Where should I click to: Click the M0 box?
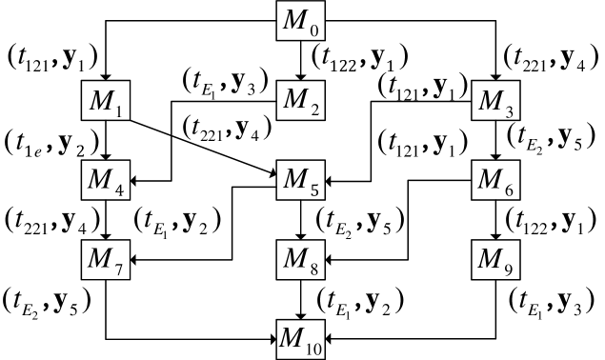click(301, 20)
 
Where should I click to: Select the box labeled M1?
click(106, 101)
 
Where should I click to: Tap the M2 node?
click(301, 101)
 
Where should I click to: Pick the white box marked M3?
click(496, 101)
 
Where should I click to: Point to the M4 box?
click(106, 180)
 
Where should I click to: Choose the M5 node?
click(301, 180)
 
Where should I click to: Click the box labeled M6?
click(496, 180)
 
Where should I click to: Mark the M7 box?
click(106, 259)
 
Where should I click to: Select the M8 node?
click(301, 259)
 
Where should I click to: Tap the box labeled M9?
click(496, 259)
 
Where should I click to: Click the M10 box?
click(301, 339)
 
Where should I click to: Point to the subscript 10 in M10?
click(314, 348)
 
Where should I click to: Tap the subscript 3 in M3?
click(509, 110)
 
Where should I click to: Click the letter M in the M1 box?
click(100, 99)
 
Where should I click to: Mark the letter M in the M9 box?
click(491, 257)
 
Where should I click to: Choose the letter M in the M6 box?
click(491, 178)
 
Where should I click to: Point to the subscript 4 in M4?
click(118, 190)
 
